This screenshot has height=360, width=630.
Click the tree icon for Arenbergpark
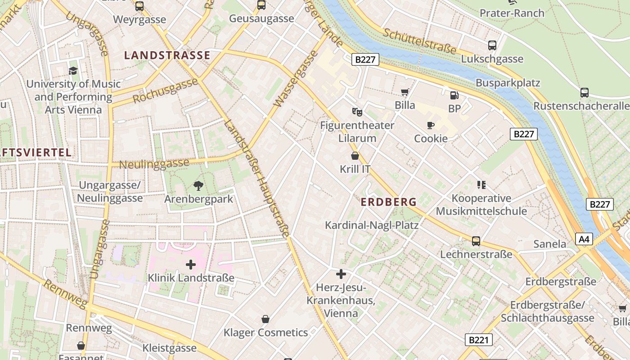[198, 185]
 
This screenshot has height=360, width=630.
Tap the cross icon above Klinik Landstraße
[191, 264]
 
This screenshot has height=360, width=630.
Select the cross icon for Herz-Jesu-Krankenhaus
[341, 274]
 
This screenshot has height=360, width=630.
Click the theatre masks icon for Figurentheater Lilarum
[357, 112]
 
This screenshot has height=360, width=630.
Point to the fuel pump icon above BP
[454, 95]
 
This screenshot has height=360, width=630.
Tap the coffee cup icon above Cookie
[431, 125]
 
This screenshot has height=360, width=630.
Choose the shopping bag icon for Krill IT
[355, 156]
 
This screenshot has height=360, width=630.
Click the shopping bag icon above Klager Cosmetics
[265, 319]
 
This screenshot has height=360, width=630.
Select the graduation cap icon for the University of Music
[73, 71]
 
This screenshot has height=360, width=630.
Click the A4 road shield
[584, 239]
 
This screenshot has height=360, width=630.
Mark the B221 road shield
[478, 340]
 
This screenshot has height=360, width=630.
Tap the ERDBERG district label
[389, 202]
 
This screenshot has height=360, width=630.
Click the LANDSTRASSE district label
[167, 55]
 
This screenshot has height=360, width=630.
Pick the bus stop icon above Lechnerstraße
[476, 241]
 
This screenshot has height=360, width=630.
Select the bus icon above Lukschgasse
[492, 45]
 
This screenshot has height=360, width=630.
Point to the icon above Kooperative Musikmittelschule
[481, 185]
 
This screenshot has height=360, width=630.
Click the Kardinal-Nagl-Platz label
[372, 225]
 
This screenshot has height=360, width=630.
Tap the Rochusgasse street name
[166, 91]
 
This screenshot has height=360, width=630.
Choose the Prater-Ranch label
[512, 13]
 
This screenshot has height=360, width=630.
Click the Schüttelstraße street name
[419, 41]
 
